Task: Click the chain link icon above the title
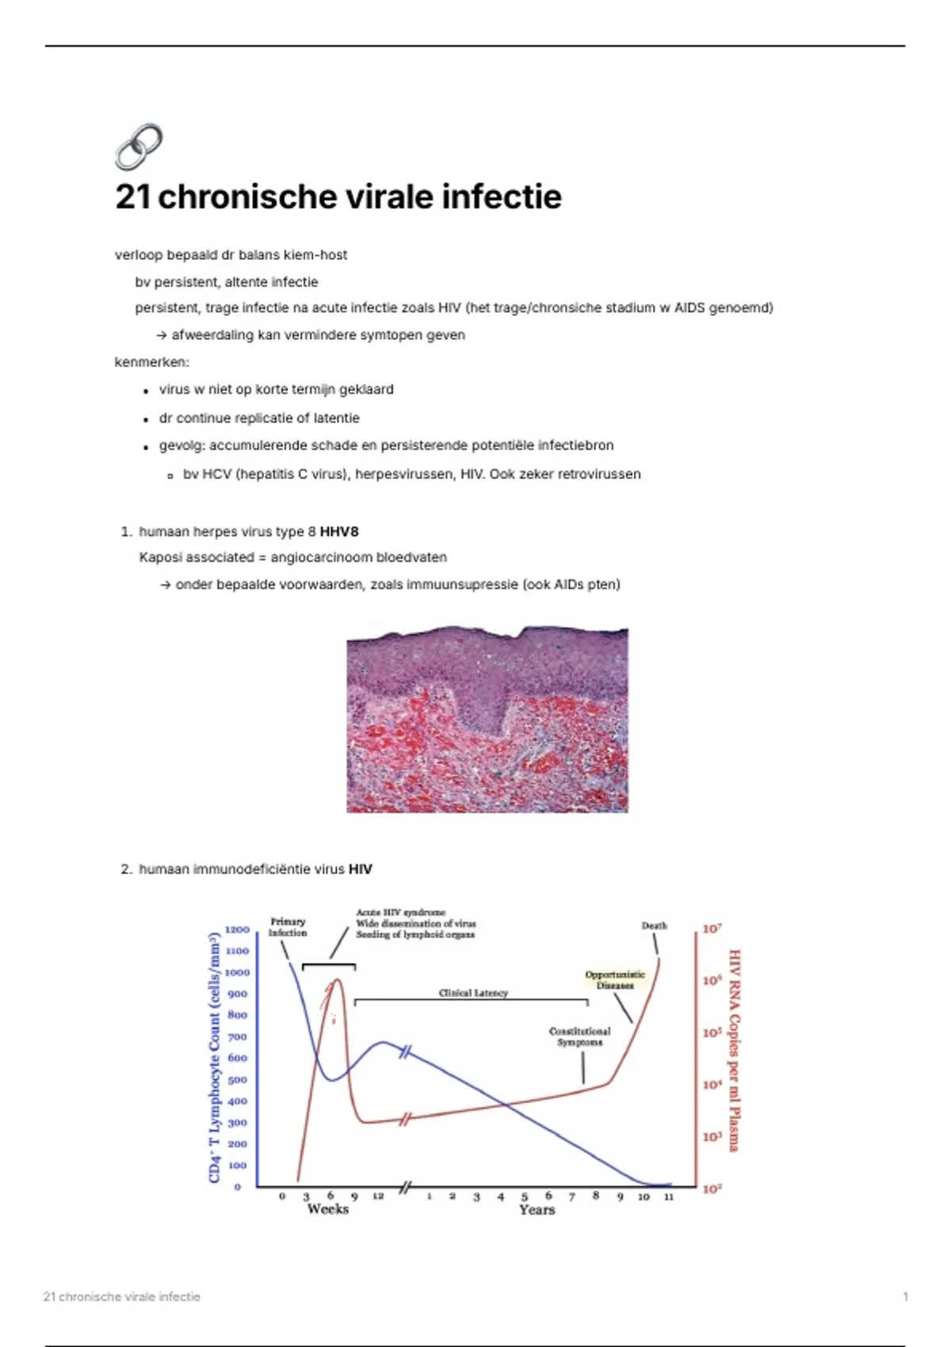click(x=139, y=147)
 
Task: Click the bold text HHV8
click(x=339, y=532)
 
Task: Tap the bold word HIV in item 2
click(x=360, y=869)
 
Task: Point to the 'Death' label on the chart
click(x=654, y=925)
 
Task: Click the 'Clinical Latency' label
click(x=473, y=993)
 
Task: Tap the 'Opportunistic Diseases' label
click(x=615, y=980)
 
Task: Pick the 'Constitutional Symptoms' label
click(x=580, y=1037)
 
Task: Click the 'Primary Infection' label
click(x=288, y=927)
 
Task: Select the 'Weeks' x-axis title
click(x=327, y=1209)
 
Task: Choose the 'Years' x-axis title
click(x=537, y=1210)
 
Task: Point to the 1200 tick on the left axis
click(x=237, y=929)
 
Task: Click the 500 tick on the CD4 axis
click(x=237, y=1080)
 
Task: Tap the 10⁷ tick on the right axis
click(x=712, y=929)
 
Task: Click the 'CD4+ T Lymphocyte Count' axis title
click(x=214, y=1058)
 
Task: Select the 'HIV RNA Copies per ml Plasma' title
click(x=734, y=1050)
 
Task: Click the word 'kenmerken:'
click(x=152, y=362)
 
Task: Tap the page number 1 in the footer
click(x=905, y=1297)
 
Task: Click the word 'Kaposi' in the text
click(x=158, y=558)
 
